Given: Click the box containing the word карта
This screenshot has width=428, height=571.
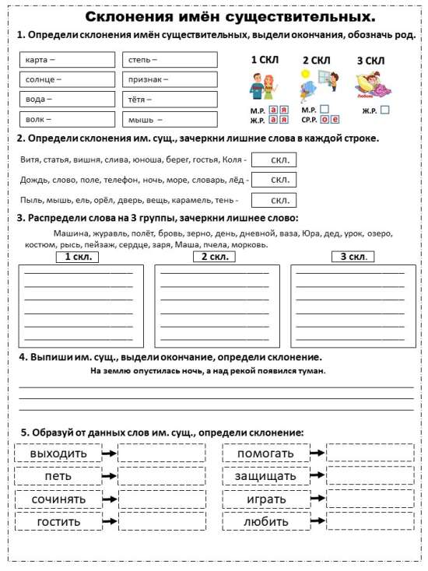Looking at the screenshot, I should click(67, 60).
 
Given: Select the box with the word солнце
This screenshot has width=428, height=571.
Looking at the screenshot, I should click(67, 79).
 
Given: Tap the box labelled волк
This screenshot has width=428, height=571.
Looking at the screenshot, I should click(67, 119).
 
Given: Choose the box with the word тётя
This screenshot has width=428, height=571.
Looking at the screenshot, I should click(169, 100).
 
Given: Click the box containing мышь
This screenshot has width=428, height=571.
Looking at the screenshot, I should click(169, 120).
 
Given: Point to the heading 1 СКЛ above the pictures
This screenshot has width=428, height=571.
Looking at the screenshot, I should click(264, 60).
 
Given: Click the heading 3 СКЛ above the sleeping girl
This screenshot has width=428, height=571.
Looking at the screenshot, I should click(370, 61).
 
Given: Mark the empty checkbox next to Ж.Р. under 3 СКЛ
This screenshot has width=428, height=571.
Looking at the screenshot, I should click(384, 110).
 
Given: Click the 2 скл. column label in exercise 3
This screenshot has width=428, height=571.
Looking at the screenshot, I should click(215, 257).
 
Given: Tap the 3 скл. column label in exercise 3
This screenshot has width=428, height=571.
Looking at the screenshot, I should click(352, 257).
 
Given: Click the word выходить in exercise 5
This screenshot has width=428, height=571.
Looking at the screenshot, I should click(58, 454).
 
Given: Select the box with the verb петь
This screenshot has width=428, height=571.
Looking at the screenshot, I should click(58, 476).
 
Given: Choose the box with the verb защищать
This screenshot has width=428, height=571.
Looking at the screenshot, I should click(266, 476).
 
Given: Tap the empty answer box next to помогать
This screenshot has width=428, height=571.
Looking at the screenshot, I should click(370, 454).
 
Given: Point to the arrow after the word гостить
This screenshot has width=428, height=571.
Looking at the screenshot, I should click(110, 521).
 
